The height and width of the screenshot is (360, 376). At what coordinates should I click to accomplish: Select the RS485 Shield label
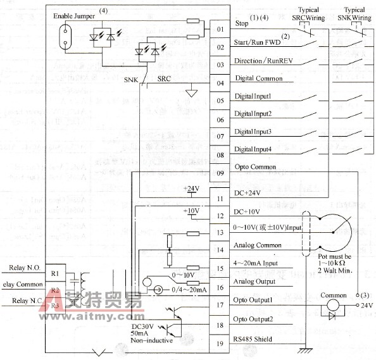(253, 339)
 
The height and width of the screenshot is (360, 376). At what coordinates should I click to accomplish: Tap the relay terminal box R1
(54, 273)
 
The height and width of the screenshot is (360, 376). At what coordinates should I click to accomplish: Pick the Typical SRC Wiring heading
(308, 14)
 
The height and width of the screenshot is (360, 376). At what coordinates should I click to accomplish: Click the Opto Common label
(255, 167)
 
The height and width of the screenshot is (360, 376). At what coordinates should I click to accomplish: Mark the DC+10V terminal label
(246, 211)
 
